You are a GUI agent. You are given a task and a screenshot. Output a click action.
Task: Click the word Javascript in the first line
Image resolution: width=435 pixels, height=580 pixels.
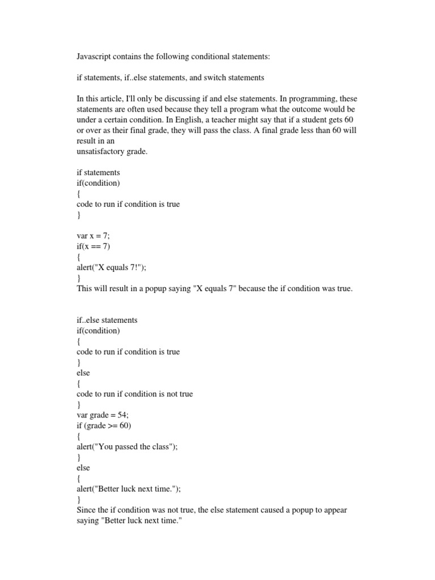94,57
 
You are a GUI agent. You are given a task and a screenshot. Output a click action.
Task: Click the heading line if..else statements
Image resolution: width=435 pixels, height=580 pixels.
107,320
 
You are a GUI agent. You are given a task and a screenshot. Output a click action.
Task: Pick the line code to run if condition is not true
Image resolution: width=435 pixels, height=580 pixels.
135,394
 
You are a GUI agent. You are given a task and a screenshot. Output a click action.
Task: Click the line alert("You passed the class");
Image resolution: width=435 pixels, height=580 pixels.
127,446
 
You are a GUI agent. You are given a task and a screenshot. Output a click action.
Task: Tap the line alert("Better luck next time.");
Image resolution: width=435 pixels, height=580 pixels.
132,488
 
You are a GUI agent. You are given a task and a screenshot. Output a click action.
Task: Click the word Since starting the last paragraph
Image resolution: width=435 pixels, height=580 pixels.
86,510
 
